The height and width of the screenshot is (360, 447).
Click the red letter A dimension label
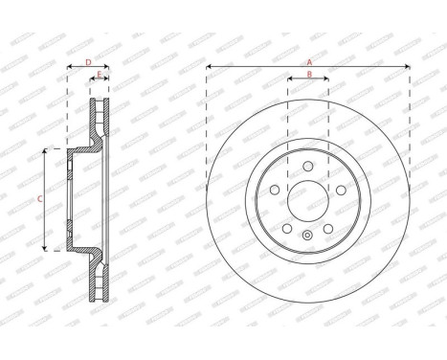point(308,61)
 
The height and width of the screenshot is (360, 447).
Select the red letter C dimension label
point(39,199)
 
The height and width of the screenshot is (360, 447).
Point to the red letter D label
point(88,62)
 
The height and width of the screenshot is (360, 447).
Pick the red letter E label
point(100,74)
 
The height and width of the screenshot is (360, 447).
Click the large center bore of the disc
point(308,203)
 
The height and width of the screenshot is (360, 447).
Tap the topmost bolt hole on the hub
point(308,167)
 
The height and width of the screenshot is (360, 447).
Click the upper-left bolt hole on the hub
point(276,190)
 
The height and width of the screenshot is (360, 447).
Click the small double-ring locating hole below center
point(306,236)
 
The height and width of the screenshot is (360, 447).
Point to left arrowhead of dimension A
point(209,67)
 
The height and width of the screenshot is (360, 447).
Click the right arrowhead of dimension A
point(408,67)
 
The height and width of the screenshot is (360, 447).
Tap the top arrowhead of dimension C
point(46,151)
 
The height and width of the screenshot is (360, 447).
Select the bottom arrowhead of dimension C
point(46,249)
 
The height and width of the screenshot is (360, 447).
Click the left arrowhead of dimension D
point(70,68)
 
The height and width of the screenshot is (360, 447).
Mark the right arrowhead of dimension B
point(327,79)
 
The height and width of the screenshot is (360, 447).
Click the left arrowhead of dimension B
point(290,79)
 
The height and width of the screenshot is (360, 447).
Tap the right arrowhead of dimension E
point(107,79)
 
